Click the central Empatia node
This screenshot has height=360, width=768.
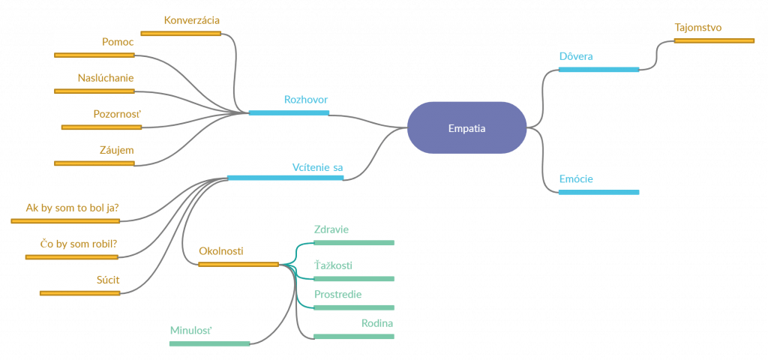click(466, 128)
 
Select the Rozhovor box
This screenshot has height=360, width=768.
click(288, 100)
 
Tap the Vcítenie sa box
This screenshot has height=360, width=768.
click(285, 166)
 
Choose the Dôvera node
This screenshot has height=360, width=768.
click(598, 58)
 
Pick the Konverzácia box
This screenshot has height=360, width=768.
click(181, 22)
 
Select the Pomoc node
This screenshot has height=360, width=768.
click(94, 43)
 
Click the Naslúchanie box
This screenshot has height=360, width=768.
click(94, 79)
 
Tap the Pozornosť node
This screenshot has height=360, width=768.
click(101, 115)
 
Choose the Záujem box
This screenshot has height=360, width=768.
click(94, 151)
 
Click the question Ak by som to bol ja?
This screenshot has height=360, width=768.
click(65, 208)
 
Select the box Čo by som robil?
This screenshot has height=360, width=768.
click(71, 245)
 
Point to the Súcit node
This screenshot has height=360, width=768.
click(79, 281)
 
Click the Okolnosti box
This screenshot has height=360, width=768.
click(238, 252)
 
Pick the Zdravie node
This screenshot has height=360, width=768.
click(353, 230)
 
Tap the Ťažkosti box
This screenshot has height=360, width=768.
click(353, 266)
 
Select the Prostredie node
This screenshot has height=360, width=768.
click(353, 295)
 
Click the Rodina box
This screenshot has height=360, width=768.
click(353, 324)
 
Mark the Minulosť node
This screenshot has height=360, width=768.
click(209, 331)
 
